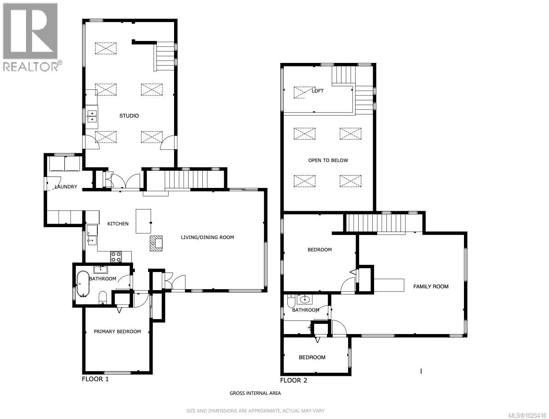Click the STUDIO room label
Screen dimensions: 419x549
point(129,116)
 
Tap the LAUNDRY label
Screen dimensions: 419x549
point(66,187)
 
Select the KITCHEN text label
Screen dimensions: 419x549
point(118,224)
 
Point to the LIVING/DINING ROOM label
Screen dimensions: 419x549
point(207,237)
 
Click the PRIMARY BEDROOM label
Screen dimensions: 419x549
point(117,331)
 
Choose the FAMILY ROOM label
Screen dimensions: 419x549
point(430,287)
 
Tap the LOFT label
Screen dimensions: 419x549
point(318,91)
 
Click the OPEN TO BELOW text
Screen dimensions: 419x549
point(328,160)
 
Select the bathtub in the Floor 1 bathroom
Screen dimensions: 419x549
point(82,284)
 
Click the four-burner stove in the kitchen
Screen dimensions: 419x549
point(115,257)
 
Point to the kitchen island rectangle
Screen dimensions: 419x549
point(143,221)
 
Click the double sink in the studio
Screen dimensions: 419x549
point(92,116)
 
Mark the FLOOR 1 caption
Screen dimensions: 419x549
point(95,379)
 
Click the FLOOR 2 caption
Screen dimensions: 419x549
point(293,380)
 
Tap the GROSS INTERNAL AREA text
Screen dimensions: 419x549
point(255,393)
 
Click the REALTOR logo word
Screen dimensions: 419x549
point(31,66)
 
